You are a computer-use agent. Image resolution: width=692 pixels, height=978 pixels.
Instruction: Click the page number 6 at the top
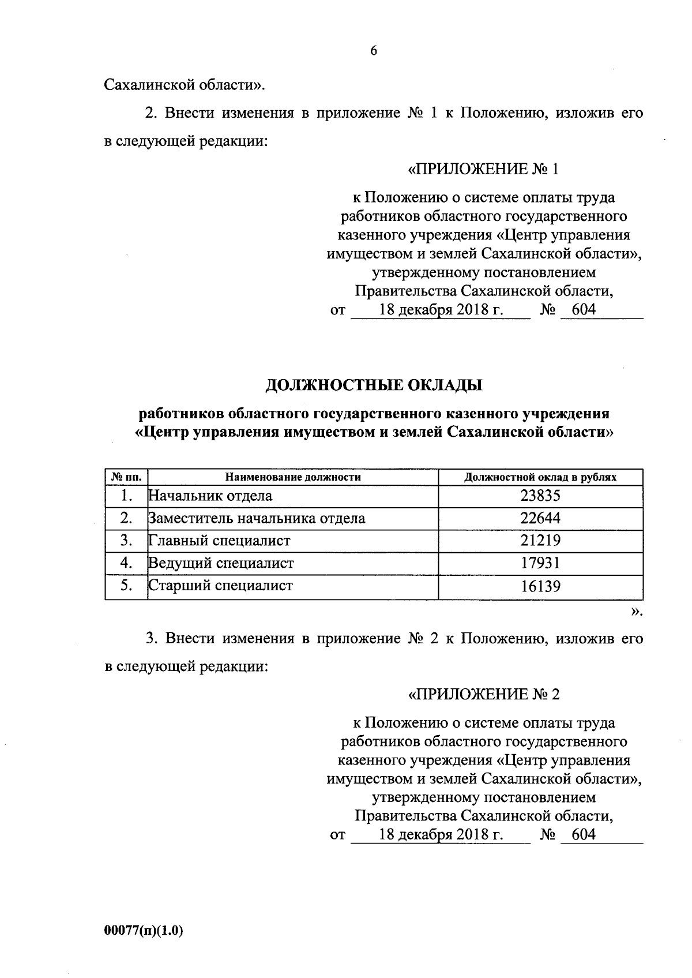(373, 51)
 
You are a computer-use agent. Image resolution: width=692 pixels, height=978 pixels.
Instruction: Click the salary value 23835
(540, 496)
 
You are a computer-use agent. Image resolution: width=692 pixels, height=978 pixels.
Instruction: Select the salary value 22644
(540, 518)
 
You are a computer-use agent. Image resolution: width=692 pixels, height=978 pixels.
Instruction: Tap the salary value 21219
(540, 541)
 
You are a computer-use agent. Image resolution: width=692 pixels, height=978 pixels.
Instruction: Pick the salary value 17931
(540, 563)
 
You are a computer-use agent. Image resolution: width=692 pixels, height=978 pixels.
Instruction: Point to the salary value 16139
(540, 586)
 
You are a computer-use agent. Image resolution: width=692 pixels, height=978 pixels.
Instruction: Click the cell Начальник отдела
(210, 496)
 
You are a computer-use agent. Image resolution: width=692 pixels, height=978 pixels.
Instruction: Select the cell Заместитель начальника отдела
(257, 518)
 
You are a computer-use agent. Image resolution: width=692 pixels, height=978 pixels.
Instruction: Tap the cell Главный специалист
(219, 541)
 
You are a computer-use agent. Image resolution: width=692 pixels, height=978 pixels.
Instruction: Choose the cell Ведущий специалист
(221, 563)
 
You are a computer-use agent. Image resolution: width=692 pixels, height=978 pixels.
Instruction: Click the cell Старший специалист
(221, 586)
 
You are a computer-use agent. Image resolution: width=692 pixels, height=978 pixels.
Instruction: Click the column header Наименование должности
(293, 477)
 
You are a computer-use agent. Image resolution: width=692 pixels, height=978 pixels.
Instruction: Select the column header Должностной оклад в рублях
(540, 477)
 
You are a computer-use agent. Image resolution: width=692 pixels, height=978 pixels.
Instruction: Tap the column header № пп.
(126, 477)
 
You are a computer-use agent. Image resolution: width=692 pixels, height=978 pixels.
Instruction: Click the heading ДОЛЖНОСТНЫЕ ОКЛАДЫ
(374, 385)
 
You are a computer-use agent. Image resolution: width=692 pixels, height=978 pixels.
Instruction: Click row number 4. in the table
(127, 563)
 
